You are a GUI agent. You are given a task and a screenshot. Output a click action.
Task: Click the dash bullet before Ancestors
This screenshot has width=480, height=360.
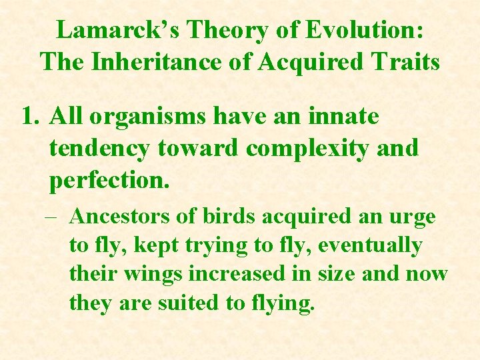click(56, 217)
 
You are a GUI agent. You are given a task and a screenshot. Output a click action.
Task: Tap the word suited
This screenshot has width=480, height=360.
click(191, 303)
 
